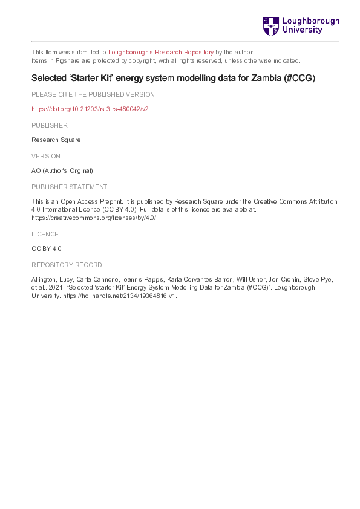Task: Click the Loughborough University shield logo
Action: [x=270, y=26]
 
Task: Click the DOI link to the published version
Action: [x=90, y=109]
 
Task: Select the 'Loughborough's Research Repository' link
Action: [x=160, y=52]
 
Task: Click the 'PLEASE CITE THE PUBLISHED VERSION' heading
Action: [x=93, y=94]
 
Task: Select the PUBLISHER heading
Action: [x=50, y=125]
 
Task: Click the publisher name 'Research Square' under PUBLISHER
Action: [x=56, y=140]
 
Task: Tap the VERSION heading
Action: [x=46, y=156]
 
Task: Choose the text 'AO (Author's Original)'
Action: [x=62, y=170]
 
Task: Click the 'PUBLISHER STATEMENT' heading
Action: [x=69, y=187]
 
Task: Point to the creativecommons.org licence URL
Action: [x=94, y=218]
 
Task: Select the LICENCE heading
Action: [x=45, y=233]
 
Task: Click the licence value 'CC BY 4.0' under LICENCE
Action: [x=47, y=248]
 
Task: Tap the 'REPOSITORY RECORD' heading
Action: [x=67, y=265]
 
